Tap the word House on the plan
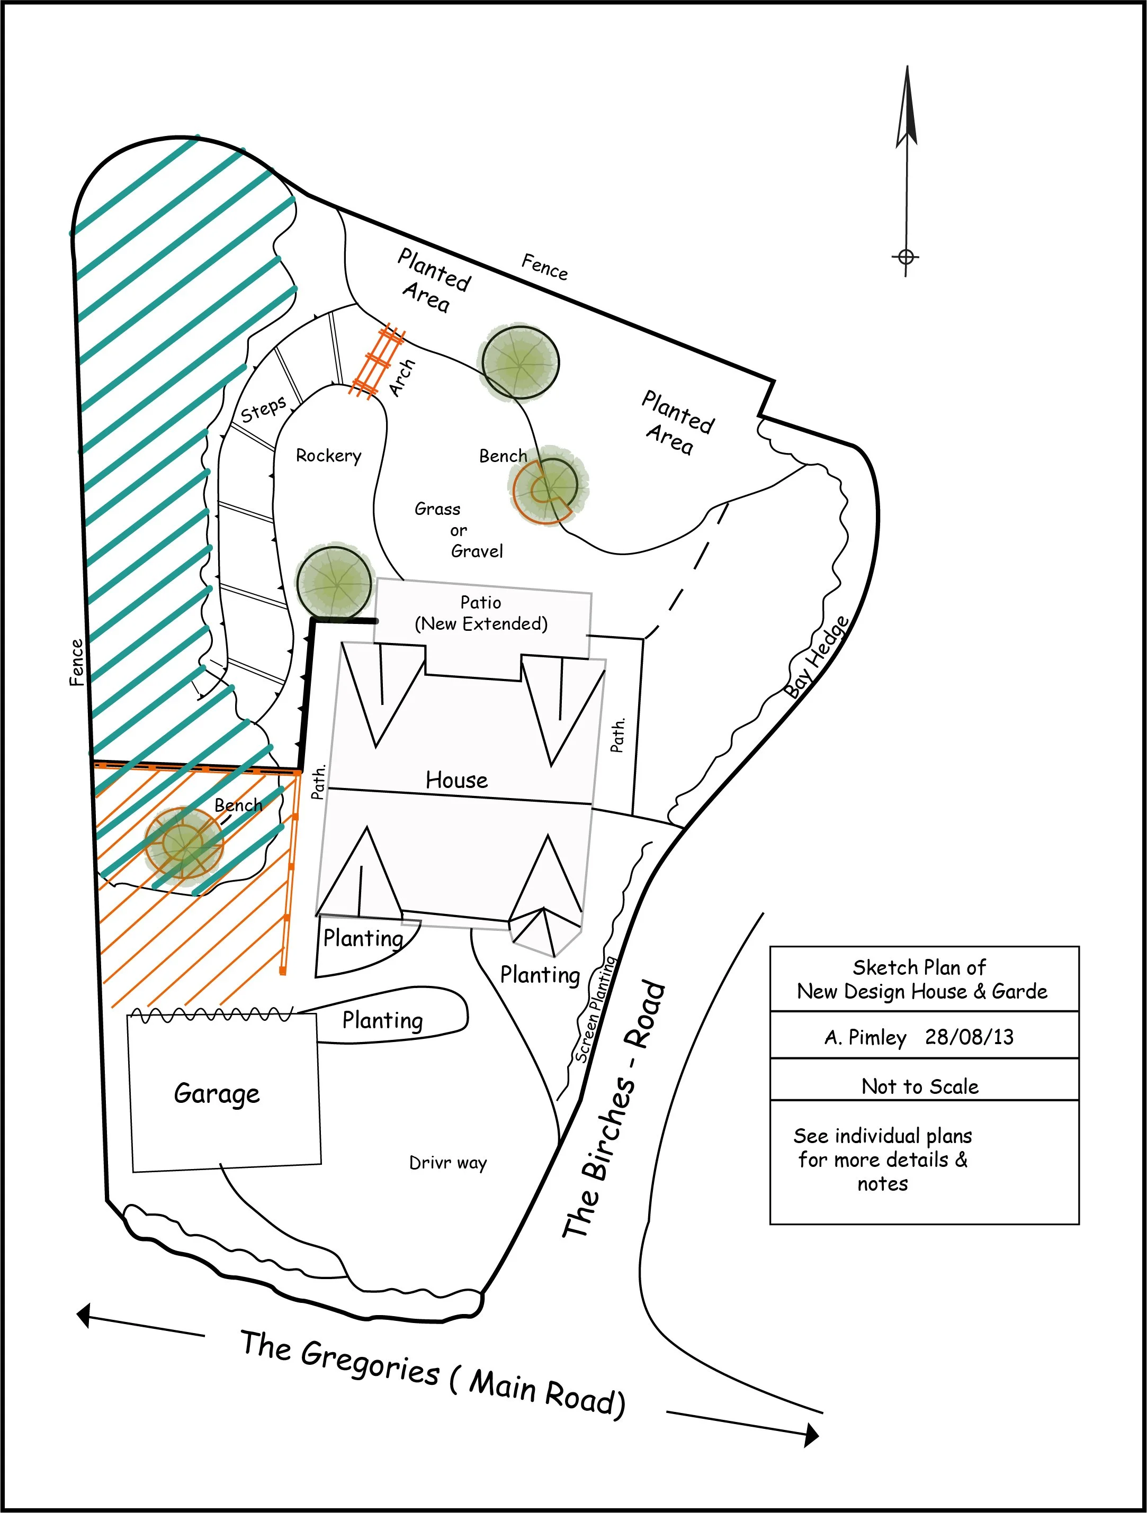pos(456,780)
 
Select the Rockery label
pos(328,456)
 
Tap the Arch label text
pos(402,377)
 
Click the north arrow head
pos(907,110)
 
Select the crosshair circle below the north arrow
pos(906,257)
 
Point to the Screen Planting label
pos(595,1010)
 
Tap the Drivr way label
pos(447,1163)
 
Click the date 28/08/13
pos(969,1037)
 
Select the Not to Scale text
pos(920,1086)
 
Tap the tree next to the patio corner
pos(335,582)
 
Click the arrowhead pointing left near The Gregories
pos(84,1315)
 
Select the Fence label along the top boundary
pos(545,267)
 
